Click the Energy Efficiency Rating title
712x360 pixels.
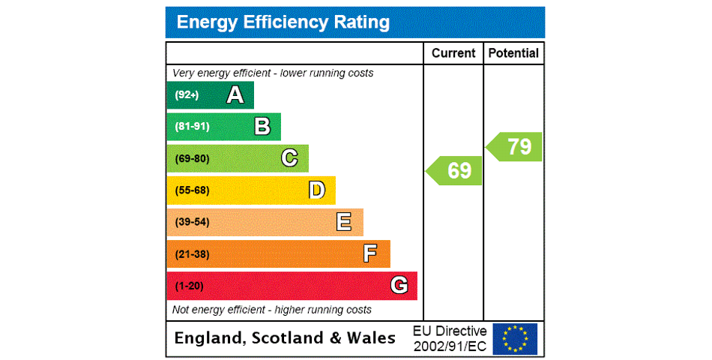(283, 22)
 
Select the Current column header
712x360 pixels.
(453, 53)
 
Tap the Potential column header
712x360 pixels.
(513, 53)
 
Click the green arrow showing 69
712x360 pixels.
(455, 170)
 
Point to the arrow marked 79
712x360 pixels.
(515, 147)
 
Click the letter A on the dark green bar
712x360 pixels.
(235, 95)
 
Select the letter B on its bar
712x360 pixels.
(262, 127)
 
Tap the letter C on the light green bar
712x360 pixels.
(289, 158)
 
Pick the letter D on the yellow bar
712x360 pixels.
(317, 190)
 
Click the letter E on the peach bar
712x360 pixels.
(344, 222)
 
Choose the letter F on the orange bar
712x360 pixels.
(370, 254)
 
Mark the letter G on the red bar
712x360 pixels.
(399, 286)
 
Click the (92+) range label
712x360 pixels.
(187, 95)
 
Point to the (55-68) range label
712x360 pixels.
(192, 190)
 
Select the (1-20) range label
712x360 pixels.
(189, 286)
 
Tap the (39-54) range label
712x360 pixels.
(192, 222)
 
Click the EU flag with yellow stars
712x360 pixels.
(515, 338)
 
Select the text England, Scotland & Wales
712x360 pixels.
(285, 338)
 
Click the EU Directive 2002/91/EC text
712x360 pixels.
(450, 338)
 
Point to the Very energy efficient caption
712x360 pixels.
(273, 73)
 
